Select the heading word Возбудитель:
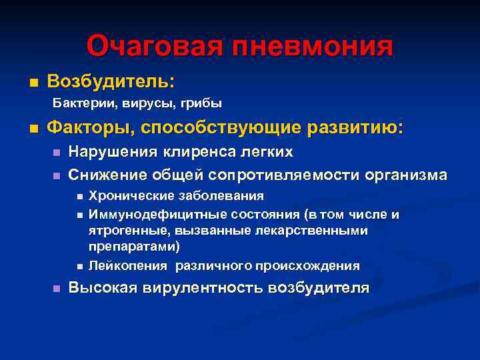(111, 81)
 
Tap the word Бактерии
(79, 103)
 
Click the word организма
(407, 175)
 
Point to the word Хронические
(127, 196)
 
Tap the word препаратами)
(134, 246)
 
